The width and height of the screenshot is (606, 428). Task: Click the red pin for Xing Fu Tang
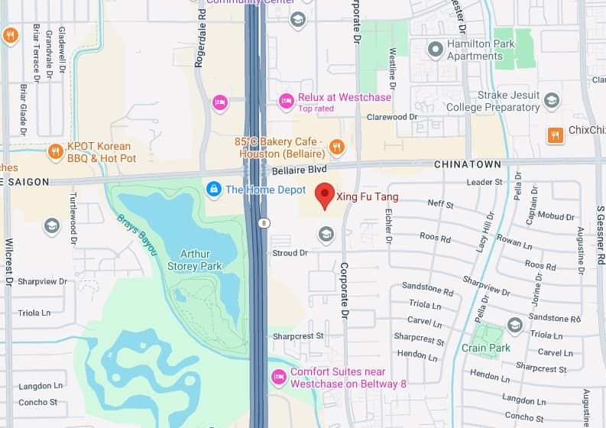point(325,195)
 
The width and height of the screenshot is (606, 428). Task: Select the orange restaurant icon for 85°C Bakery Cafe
point(336,148)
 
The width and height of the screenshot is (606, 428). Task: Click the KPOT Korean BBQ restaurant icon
point(54,151)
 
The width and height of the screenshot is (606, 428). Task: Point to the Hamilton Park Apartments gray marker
point(435,50)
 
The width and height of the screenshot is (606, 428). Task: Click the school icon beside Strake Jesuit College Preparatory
point(552,101)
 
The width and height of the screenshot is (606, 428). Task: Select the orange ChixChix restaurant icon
point(556,135)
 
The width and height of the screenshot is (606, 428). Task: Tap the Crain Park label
point(485,349)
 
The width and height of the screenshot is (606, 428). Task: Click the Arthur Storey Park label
point(195,260)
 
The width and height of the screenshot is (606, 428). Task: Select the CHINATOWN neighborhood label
point(467,164)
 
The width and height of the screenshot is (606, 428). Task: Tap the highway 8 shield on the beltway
point(264,223)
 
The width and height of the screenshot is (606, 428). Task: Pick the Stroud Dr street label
point(290,252)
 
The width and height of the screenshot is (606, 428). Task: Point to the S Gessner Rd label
point(601,235)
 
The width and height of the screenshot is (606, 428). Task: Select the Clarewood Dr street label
point(391,117)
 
